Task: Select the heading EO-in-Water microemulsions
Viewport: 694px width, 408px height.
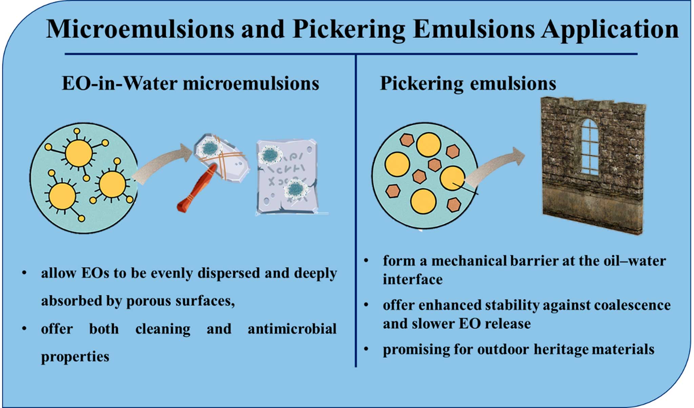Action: tap(190, 83)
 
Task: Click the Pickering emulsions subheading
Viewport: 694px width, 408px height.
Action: tap(468, 83)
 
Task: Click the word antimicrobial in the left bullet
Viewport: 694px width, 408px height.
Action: tap(292, 329)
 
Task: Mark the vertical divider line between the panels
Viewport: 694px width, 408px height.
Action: tap(356, 210)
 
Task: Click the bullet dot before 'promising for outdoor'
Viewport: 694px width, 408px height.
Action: tap(366, 348)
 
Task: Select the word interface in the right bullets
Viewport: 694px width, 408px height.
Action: tap(413, 279)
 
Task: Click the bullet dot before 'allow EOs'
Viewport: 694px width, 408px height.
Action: tap(24, 273)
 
